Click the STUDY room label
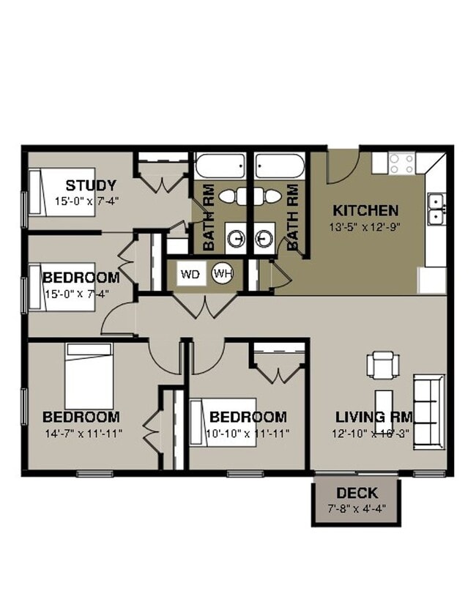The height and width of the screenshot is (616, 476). [91, 185]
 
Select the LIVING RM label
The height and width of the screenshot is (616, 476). [373, 418]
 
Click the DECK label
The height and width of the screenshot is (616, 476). [357, 492]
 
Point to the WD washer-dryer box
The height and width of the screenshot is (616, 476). [190, 275]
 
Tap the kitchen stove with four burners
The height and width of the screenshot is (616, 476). [401, 163]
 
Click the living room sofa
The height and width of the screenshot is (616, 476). [429, 410]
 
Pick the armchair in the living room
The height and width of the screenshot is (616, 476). [384, 364]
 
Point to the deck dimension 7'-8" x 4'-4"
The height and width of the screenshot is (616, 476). [357, 508]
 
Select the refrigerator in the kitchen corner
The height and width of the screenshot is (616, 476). [431, 281]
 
